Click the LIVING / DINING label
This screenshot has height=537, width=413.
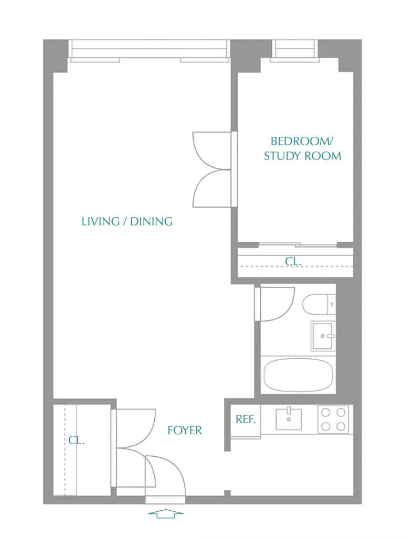coord(127,222)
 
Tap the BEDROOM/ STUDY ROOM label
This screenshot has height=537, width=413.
coord(302,148)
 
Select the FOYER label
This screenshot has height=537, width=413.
coord(184,430)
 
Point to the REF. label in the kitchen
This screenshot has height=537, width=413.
coord(246,419)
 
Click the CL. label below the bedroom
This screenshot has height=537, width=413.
coord(293,261)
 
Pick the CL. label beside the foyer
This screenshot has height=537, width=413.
coord(77,440)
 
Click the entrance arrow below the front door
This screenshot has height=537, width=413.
coord(166,513)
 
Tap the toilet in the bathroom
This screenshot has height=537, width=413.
coord(319,304)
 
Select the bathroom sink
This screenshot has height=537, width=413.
coord(323,336)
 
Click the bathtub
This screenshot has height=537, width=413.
coord(298,375)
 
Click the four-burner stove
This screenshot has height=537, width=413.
coord(333,420)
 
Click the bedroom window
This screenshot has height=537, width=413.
coord(295,51)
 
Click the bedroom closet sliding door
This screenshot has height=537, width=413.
coord(298,244)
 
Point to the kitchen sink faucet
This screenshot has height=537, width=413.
coord(289,410)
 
